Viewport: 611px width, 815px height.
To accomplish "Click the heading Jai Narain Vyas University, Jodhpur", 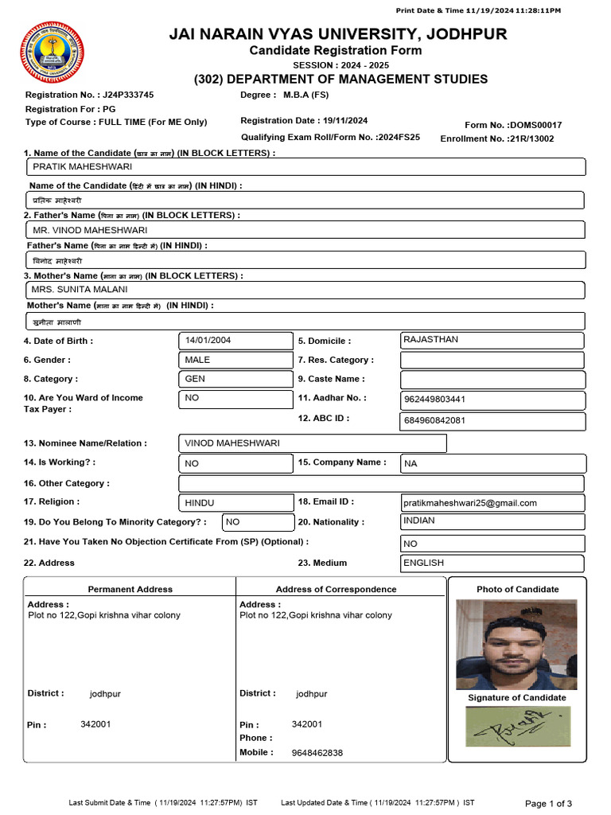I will click(337, 33).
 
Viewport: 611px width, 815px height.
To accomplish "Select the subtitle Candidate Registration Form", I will click(336, 51).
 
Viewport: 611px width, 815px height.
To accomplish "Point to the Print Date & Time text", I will click(478, 10).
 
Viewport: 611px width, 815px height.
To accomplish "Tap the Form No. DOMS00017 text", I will click(513, 125).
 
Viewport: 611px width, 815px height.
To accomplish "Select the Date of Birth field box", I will click(235, 341).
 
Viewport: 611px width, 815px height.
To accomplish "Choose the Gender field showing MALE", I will click(235, 360).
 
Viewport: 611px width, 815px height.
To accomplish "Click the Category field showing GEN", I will click(235, 380).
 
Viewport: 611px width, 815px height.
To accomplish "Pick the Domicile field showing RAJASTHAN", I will click(492, 340).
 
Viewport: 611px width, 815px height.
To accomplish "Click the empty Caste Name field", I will click(492, 380).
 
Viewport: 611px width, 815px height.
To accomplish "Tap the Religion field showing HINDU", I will click(235, 503).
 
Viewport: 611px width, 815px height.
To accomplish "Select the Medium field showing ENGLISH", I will click(492, 563).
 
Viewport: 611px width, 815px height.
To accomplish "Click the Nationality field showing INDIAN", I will click(492, 521).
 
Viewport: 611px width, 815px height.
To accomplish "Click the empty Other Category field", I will click(380, 484).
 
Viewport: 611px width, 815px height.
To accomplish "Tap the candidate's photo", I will click(516, 644).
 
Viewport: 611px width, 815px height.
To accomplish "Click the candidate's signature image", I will click(517, 727).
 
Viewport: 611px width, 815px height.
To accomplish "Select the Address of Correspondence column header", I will click(336, 590).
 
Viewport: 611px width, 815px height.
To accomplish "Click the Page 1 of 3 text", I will click(548, 803).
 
